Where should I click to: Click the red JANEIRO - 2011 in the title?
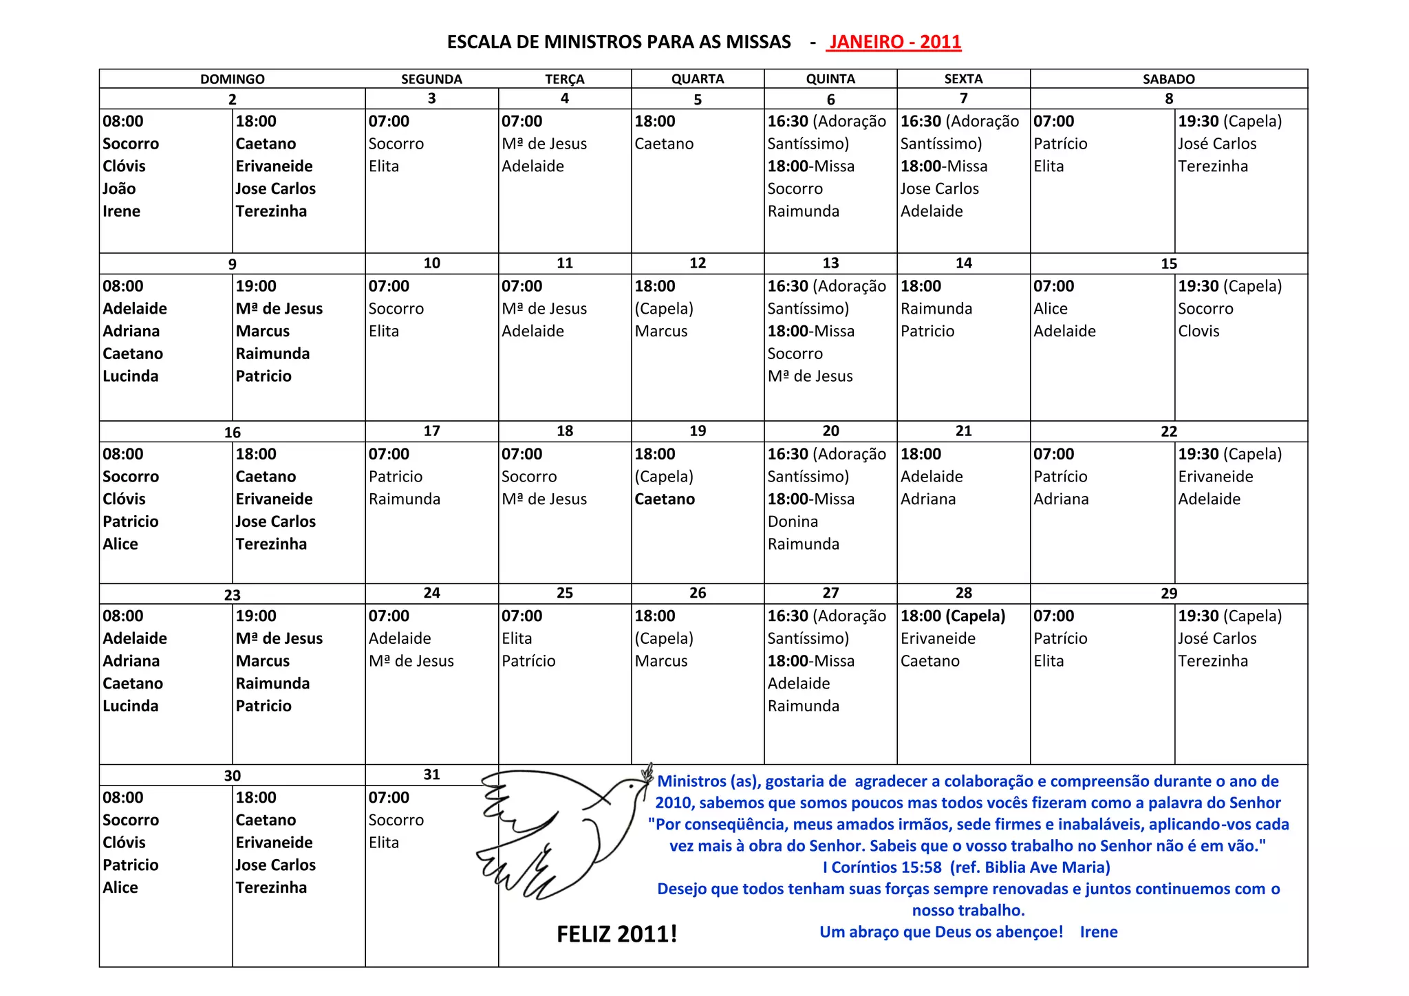894,42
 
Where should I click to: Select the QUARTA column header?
697,79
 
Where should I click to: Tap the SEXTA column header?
963,79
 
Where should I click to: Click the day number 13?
830,263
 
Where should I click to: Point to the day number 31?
431,775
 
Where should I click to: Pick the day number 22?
1168,432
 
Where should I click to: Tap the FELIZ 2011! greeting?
616,934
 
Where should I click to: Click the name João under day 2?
119,189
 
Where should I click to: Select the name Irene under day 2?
121,212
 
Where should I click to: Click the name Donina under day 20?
793,522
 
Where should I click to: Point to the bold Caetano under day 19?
665,499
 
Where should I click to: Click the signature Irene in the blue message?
1098,932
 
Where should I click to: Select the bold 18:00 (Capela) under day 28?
953,616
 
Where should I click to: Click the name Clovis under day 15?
1198,332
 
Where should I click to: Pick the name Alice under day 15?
1051,309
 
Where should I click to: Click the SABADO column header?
1168,79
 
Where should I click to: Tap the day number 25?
564,594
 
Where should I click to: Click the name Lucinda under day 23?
130,706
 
